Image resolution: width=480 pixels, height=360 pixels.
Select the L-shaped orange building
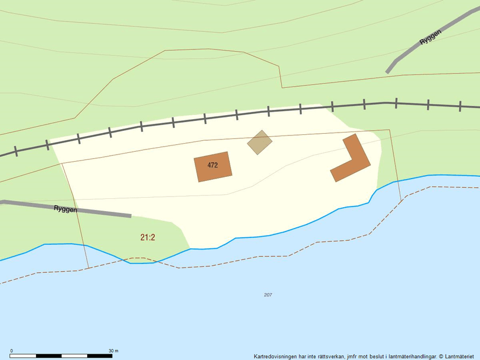coord(353,161)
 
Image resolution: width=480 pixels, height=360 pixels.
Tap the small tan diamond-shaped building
coord(259,142)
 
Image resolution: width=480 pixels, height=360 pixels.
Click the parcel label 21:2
coord(148,237)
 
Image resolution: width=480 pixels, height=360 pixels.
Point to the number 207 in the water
coord(268,295)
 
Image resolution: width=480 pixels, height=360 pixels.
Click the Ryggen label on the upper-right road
coord(431,38)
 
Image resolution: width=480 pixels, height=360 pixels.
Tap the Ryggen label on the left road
coord(65,208)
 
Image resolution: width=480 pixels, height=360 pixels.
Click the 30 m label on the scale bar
coord(113,351)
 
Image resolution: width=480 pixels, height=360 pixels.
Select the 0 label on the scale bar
coord(12,351)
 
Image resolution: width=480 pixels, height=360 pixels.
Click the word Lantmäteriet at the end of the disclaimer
coord(461,357)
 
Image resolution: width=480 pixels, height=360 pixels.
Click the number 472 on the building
coord(212,165)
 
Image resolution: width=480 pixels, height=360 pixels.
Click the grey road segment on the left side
coord(93,211)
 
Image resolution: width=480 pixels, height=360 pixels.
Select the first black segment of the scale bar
coord(24,355)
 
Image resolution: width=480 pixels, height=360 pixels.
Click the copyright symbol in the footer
coord(441,357)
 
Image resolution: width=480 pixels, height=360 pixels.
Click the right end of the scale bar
coord(113,355)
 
